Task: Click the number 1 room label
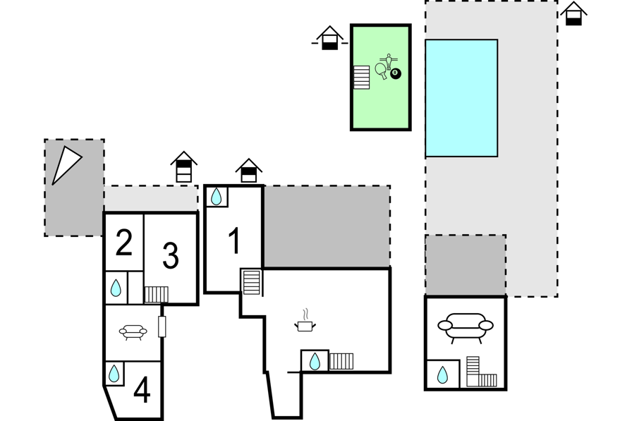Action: (235, 240)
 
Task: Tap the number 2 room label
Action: (124, 243)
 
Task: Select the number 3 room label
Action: (170, 256)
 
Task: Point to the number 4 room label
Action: (142, 390)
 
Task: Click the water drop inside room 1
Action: (217, 196)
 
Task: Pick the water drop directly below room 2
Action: (116, 288)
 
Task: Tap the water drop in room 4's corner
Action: (114, 373)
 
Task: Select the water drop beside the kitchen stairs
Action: (314, 361)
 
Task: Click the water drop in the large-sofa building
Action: (442, 374)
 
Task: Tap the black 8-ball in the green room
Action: (396, 73)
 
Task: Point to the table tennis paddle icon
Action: (382, 70)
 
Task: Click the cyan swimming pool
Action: (461, 98)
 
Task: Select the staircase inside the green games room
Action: (361, 77)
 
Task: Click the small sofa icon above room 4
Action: (133, 332)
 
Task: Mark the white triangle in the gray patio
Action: (65, 164)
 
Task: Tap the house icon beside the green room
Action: (329, 38)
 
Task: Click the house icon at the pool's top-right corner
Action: (573, 13)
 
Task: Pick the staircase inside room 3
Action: (156, 294)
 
